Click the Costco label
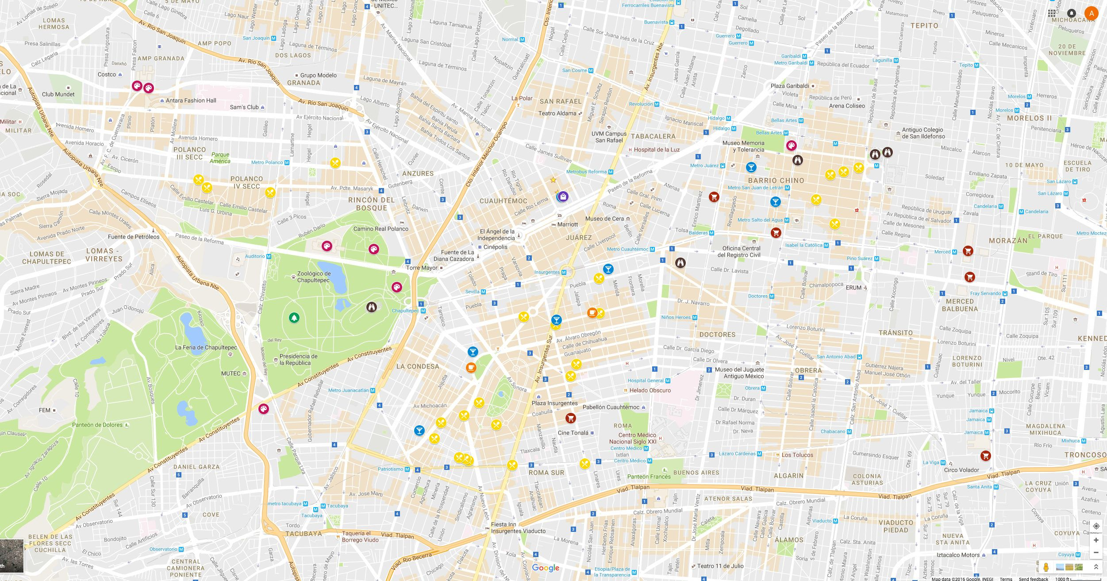[x=107, y=74]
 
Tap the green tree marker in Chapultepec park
[x=294, y=317]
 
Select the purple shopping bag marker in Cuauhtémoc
[x=562, y=196]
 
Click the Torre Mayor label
[x=422, y=268]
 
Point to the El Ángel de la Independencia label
[x=497, y=235]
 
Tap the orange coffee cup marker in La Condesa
[x=471, y=368]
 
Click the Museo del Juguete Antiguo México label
[x=739, y=373]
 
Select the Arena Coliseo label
[x=846, y=106]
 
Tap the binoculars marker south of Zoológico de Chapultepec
[x=372, y=307]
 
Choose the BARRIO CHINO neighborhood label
[x=776, y=181]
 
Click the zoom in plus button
[x=1096, y=540]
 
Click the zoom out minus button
[x=1096, y=552]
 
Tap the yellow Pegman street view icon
[x=1046, y=567]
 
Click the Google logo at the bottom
[x=546, y=568]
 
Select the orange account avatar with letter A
[x=1092, y=13]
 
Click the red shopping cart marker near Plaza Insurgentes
[x=571, y=418]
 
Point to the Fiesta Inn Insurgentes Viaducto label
[x=518, y=527]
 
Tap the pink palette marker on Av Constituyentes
[x=264, y=408]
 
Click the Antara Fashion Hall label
[x=191, y=100]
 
